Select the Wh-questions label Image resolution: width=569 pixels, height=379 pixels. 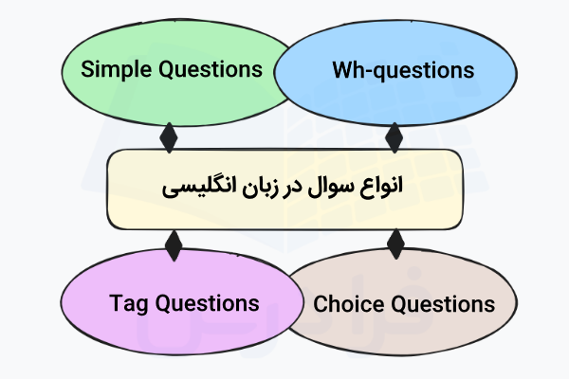pyautogui.click(x=403, y=70)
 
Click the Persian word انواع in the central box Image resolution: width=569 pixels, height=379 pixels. pyautogui.click(x=380, y=186)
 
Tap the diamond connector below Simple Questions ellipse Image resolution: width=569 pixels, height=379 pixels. pyautogui.click(x=170, y=137)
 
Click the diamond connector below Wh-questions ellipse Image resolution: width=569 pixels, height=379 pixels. pyautogui.click(x=395, y=137)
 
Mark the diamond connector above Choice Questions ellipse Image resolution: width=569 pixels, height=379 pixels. pyautogui.click(x=395, y=245)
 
